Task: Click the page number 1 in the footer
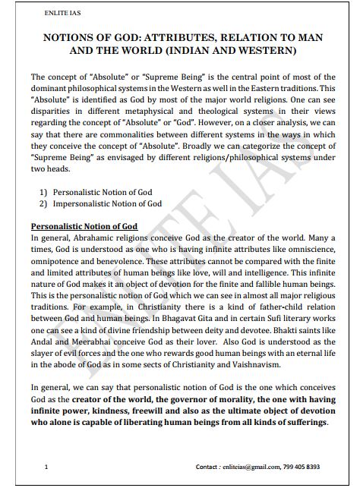tap(46, 467)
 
